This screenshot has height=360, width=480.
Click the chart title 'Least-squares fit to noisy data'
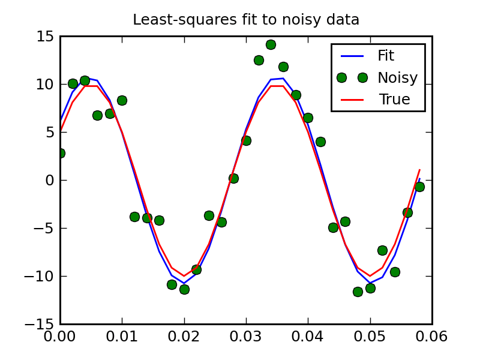(246, 20)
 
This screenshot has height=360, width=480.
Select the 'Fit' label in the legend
(386, 56)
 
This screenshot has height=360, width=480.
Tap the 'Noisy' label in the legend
(397, 77)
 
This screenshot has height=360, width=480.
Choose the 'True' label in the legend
(394, 100)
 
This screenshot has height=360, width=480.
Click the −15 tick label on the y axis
(40, 325)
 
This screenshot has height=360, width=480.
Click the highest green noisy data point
(271, 44)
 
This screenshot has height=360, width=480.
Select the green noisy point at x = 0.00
(60, 153)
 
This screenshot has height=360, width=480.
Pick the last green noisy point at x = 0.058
(419, 187)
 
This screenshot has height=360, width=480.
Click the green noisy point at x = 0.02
(184, 289)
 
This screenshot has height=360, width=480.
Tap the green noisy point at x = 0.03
(246, 140)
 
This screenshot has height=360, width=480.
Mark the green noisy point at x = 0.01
(122, 100)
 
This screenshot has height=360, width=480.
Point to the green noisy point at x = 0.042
(320, 142)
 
